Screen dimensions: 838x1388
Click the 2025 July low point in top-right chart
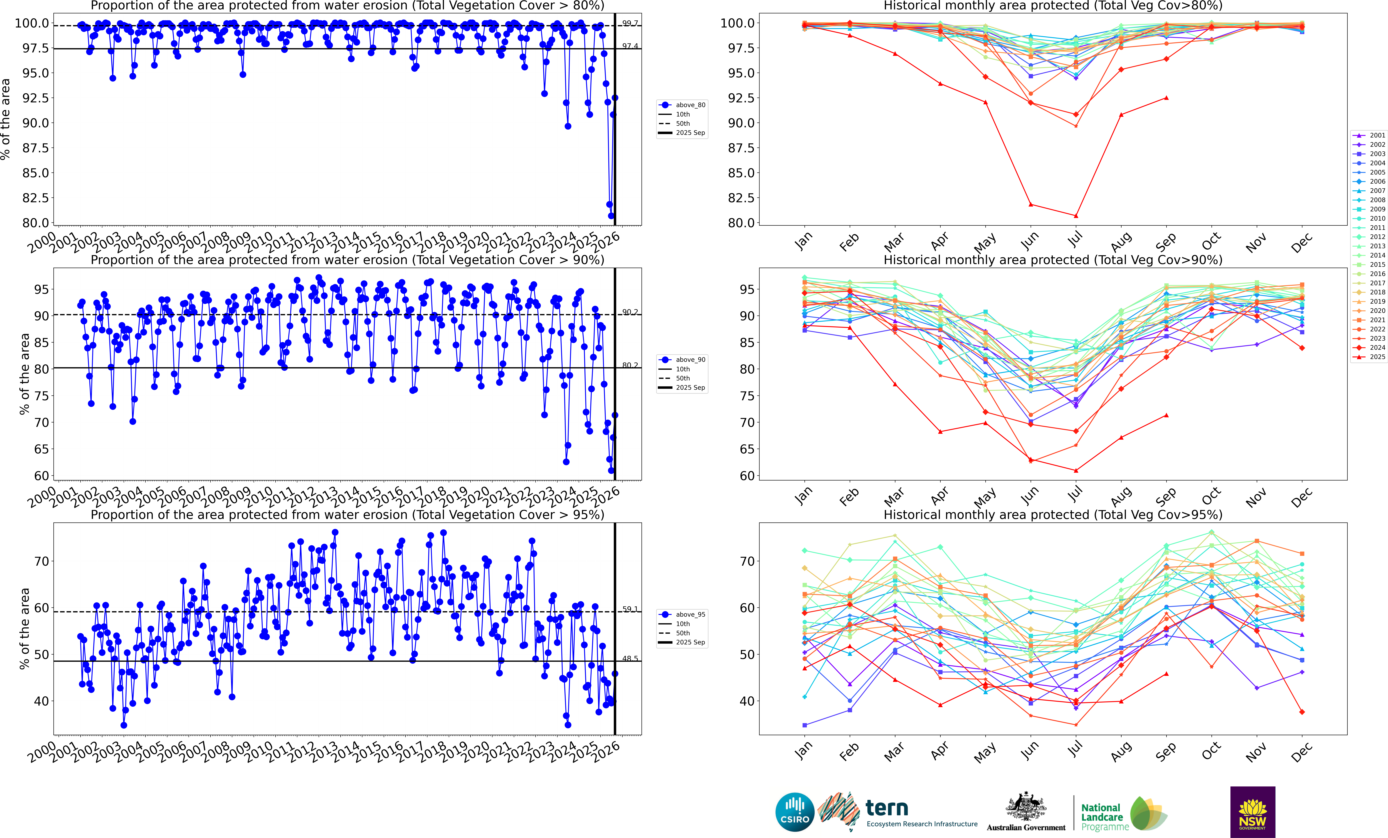[x=1076, y=216]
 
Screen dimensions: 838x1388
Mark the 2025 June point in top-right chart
[x=1031, y=205]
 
